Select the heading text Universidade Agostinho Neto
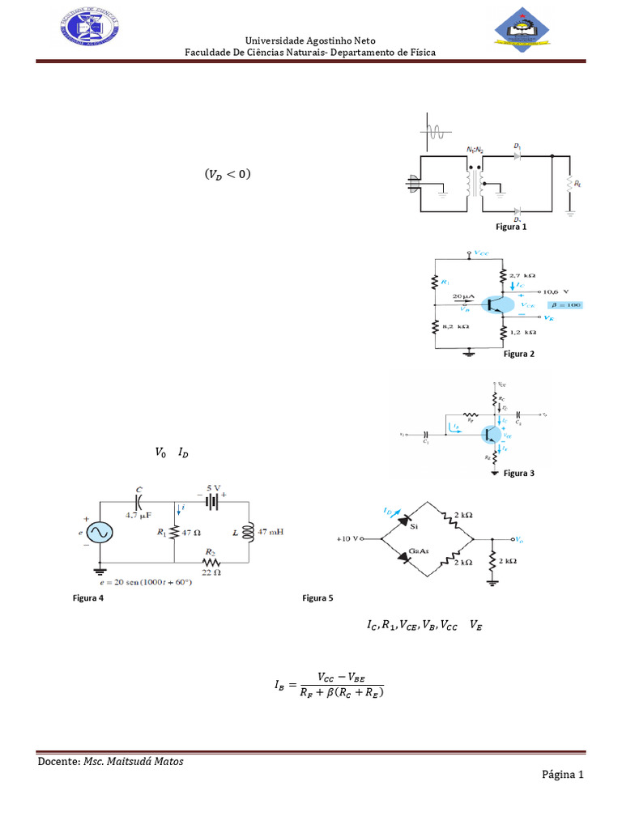click(310, 40)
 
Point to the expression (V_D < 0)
click(228, 173)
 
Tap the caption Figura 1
click(511, 227)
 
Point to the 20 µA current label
click(462, 297)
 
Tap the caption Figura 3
click(518, 473)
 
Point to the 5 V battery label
click(213, 487)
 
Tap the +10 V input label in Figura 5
click(351, 538)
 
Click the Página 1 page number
click(563, 775)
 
